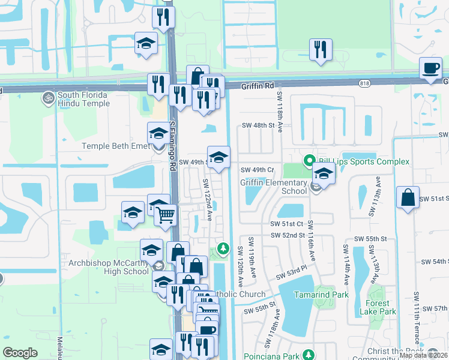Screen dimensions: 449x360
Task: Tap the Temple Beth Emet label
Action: [115, 146]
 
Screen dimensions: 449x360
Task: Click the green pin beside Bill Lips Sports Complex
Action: [310, 161]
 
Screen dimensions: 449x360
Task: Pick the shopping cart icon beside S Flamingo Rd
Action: [165, 214]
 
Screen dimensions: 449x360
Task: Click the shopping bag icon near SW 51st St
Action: [408, 197]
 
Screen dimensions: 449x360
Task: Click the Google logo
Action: [20, 353]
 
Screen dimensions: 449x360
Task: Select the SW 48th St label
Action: [258, 125]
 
